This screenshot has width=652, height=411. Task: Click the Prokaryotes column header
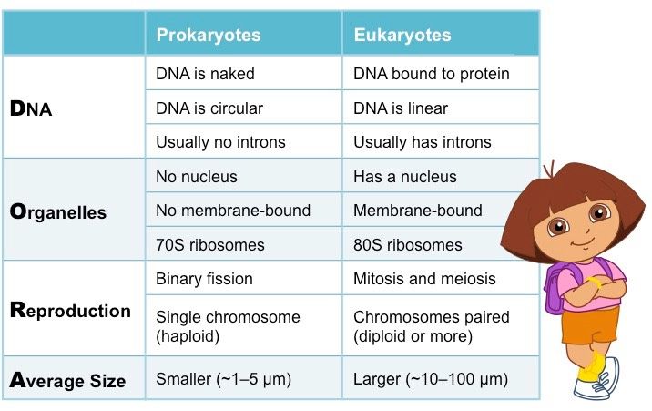(x=209, y=36)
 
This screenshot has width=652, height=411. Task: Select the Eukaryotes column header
(x=402, y=36)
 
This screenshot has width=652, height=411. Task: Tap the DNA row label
(x=31, y=109)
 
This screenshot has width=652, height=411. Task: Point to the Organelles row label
(x=57, y=212)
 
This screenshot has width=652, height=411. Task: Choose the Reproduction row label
(x=70, y=310)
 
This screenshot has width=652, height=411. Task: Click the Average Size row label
(x=67, y=380)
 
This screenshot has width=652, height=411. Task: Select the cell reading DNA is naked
(x=205, y=74)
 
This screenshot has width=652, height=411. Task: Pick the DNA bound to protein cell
(x=431, y=74)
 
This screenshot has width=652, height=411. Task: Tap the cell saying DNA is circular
(x=209, y=108)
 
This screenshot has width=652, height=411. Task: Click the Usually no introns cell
(x=220, y=142)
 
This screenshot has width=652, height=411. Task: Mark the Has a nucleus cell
(x=404, y=177)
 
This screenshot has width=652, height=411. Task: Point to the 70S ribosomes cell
(x=209, y=245)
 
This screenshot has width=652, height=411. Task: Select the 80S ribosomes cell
(x=407, y=245)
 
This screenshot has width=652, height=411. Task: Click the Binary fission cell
(x=204, y=279)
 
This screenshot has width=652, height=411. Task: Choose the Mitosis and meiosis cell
(x=423, y=279)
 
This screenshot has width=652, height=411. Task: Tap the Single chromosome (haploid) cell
(x=228, y=326)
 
